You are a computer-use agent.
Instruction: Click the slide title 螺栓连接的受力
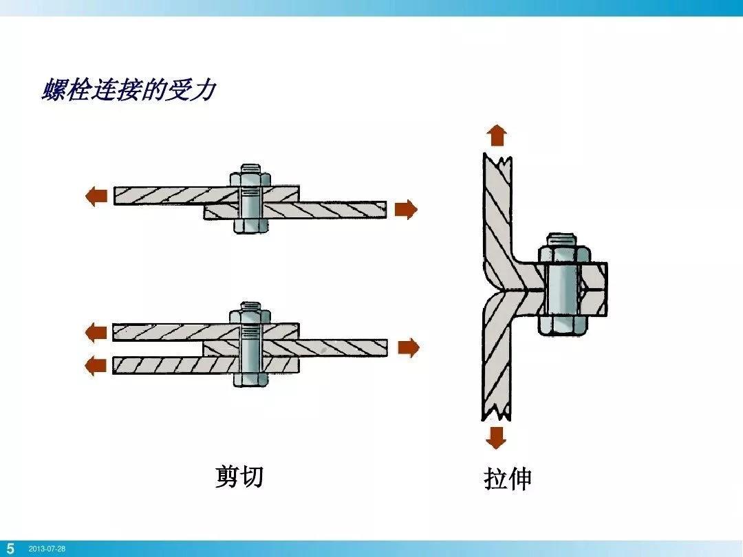(x=128, y=91)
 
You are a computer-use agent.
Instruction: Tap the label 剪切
(x=239, y=476)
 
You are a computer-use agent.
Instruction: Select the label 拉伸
(x=508, y=479)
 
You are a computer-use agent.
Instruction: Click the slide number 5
(x=10, y=549)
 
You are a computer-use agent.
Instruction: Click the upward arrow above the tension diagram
(x=497, y=135)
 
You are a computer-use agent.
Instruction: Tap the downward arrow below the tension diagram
(x=495, y=437)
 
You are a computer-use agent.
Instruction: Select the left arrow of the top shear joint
(x=96, y=197)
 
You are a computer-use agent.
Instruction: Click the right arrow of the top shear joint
(x=406, y=209)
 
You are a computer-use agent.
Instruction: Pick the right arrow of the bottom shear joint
(x=408, y=348)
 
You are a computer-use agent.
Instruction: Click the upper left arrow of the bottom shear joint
(x=96, y=334)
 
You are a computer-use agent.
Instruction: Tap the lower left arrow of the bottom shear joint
(x=96, y=364)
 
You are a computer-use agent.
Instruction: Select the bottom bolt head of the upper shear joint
(x=250, y=225)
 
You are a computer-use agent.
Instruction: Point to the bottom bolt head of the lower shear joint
(x=250, y=378)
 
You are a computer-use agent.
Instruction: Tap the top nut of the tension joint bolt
(x=564, y=254)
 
